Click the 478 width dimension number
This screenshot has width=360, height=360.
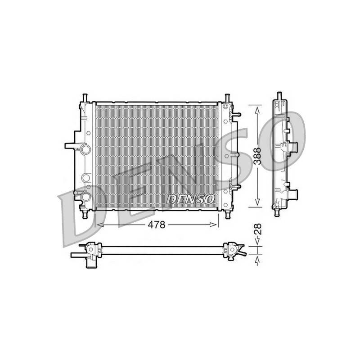pos(156,225)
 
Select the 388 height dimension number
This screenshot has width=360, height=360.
pos(257,156)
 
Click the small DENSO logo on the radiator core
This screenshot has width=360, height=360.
pos(190,199)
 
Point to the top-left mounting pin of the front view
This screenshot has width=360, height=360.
pos(85,98)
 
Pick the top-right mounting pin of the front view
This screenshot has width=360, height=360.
pos(227,98)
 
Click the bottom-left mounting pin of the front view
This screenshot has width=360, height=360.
pos(85,215)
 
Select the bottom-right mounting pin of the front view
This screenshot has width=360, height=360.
pos(228,215)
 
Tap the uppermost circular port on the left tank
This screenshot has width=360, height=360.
pos(85,149)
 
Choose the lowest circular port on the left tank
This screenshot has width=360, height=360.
pos(85,197)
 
